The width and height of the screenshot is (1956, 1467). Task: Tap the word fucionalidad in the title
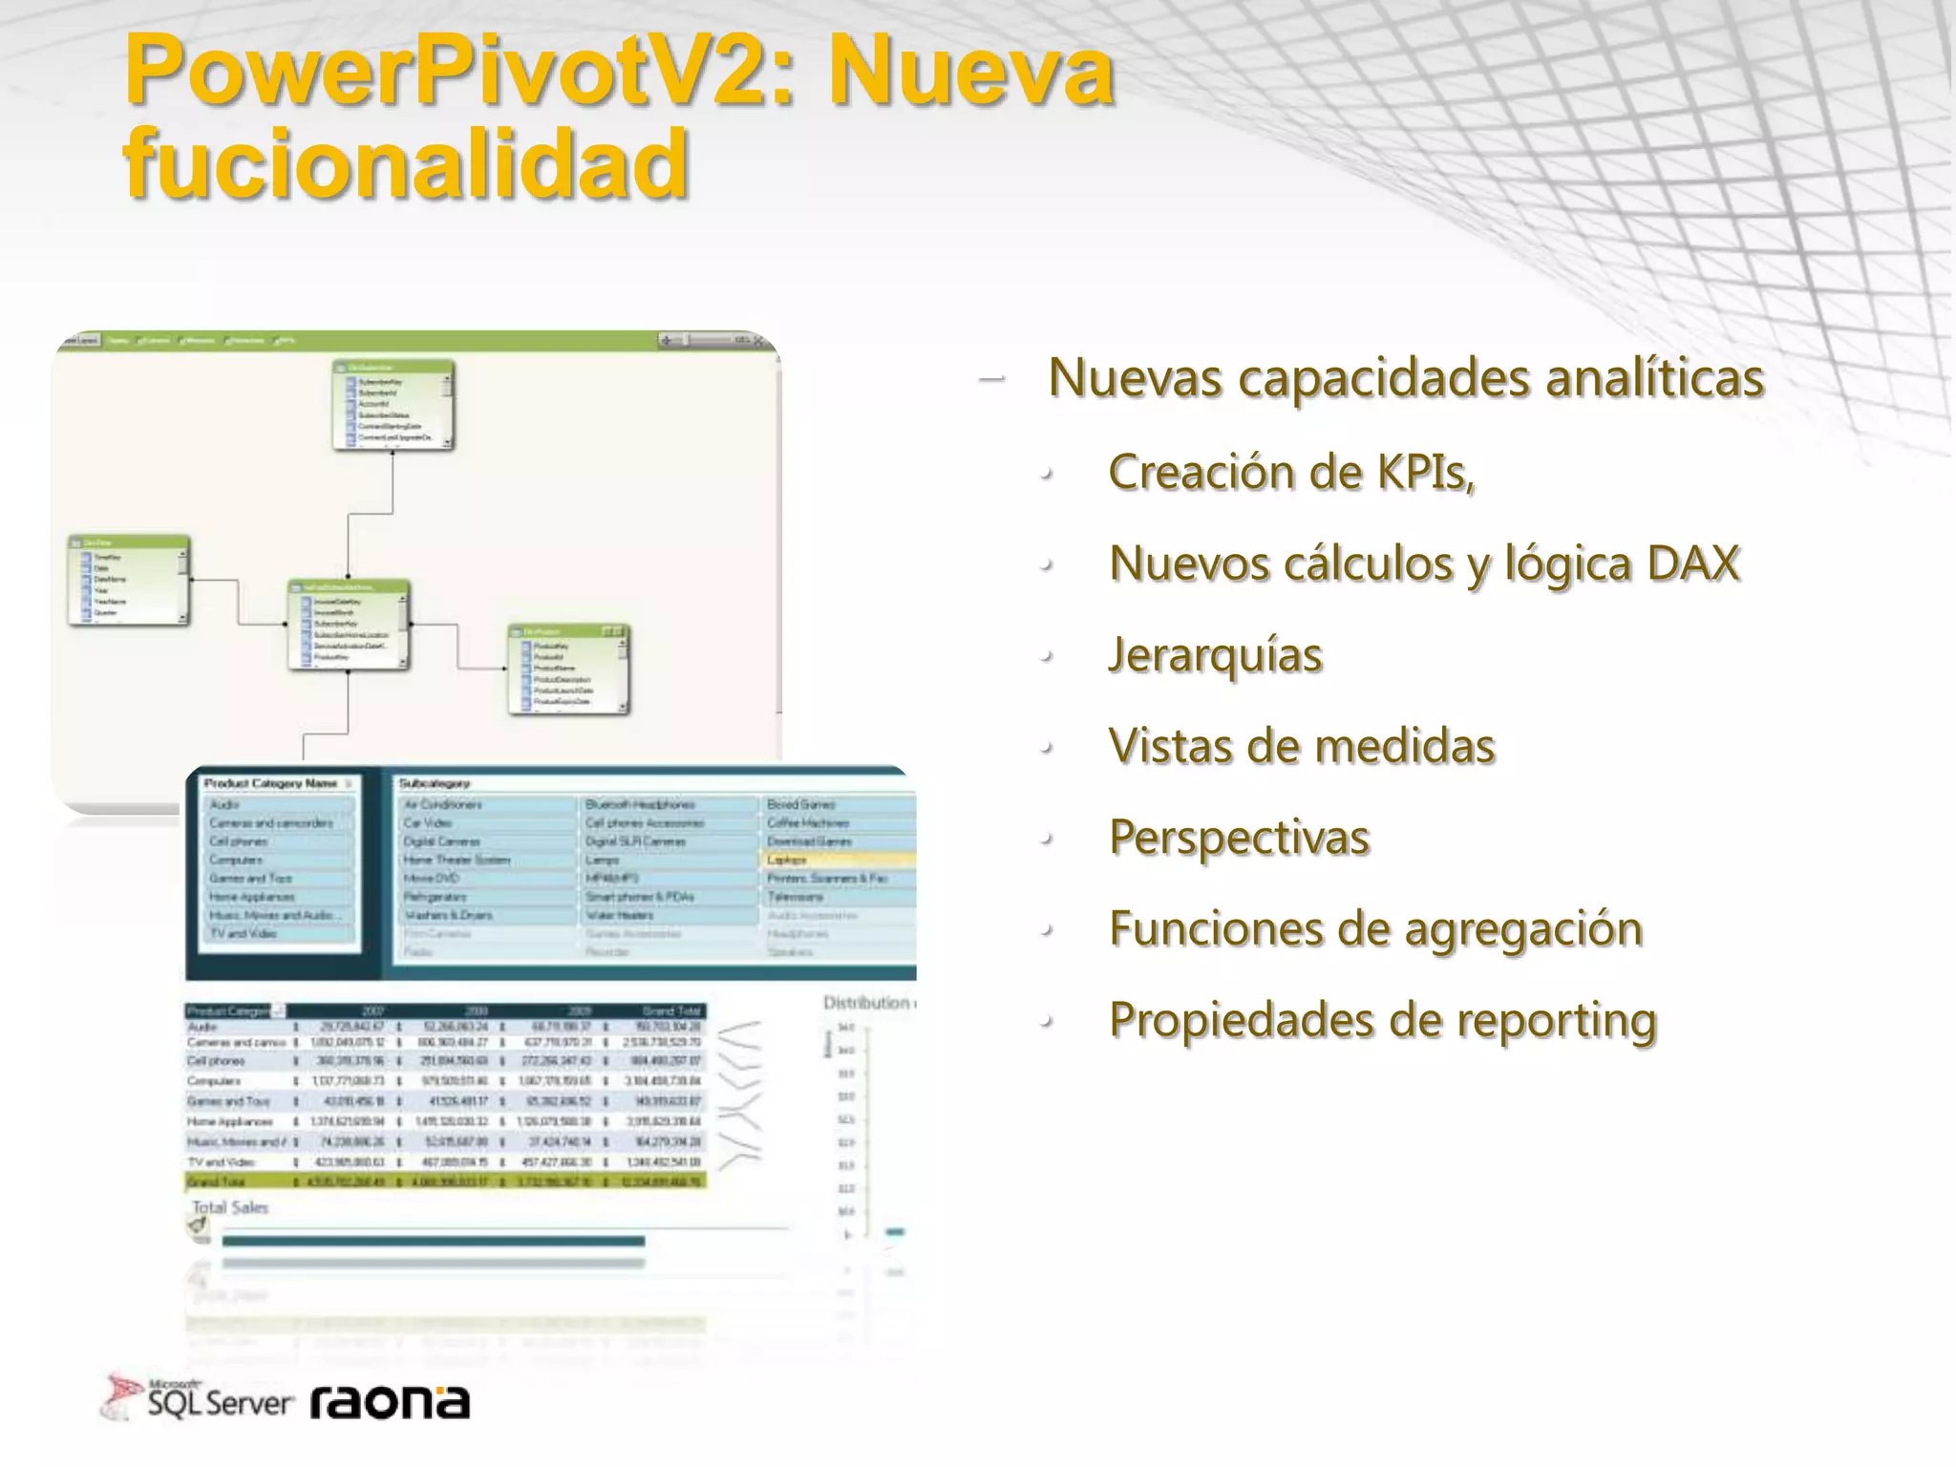point(406,164)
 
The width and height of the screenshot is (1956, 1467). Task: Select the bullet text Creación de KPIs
point(1291,472)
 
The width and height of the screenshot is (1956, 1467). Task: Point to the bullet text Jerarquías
point(1215,655)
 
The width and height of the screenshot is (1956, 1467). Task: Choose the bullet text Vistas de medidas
point(1302,746)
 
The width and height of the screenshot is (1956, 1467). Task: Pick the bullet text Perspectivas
point(1239,838)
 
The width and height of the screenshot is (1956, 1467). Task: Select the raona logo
point(390,1402)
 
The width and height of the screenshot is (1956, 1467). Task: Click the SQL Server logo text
point(219,1402)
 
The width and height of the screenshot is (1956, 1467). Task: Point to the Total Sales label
point(230,1207)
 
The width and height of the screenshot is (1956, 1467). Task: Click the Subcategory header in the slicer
point(435,783)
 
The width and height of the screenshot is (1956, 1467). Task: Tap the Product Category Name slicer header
point(270,783)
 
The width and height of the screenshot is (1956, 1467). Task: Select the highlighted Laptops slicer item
point(787,860)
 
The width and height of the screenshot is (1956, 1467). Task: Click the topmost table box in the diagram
point(393,405)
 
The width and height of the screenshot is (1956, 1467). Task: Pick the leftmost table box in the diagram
point(128,580)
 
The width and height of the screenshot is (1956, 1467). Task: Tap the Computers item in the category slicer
point(236,860)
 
